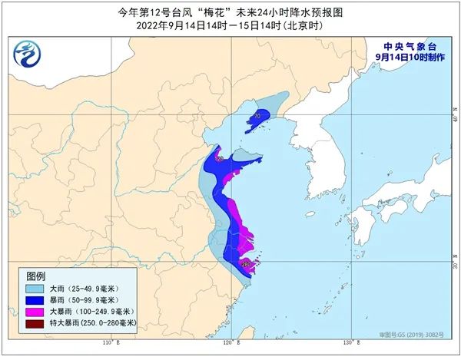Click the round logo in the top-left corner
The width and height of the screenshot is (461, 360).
point(28,54)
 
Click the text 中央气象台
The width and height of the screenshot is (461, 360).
point(410,45)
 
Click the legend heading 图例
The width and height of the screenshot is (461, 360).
point(36,276)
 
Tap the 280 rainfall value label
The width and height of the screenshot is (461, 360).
point(247,265)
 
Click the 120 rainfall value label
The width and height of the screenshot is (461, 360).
point(219,160)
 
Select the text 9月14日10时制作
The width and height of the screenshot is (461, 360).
point(410,57)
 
